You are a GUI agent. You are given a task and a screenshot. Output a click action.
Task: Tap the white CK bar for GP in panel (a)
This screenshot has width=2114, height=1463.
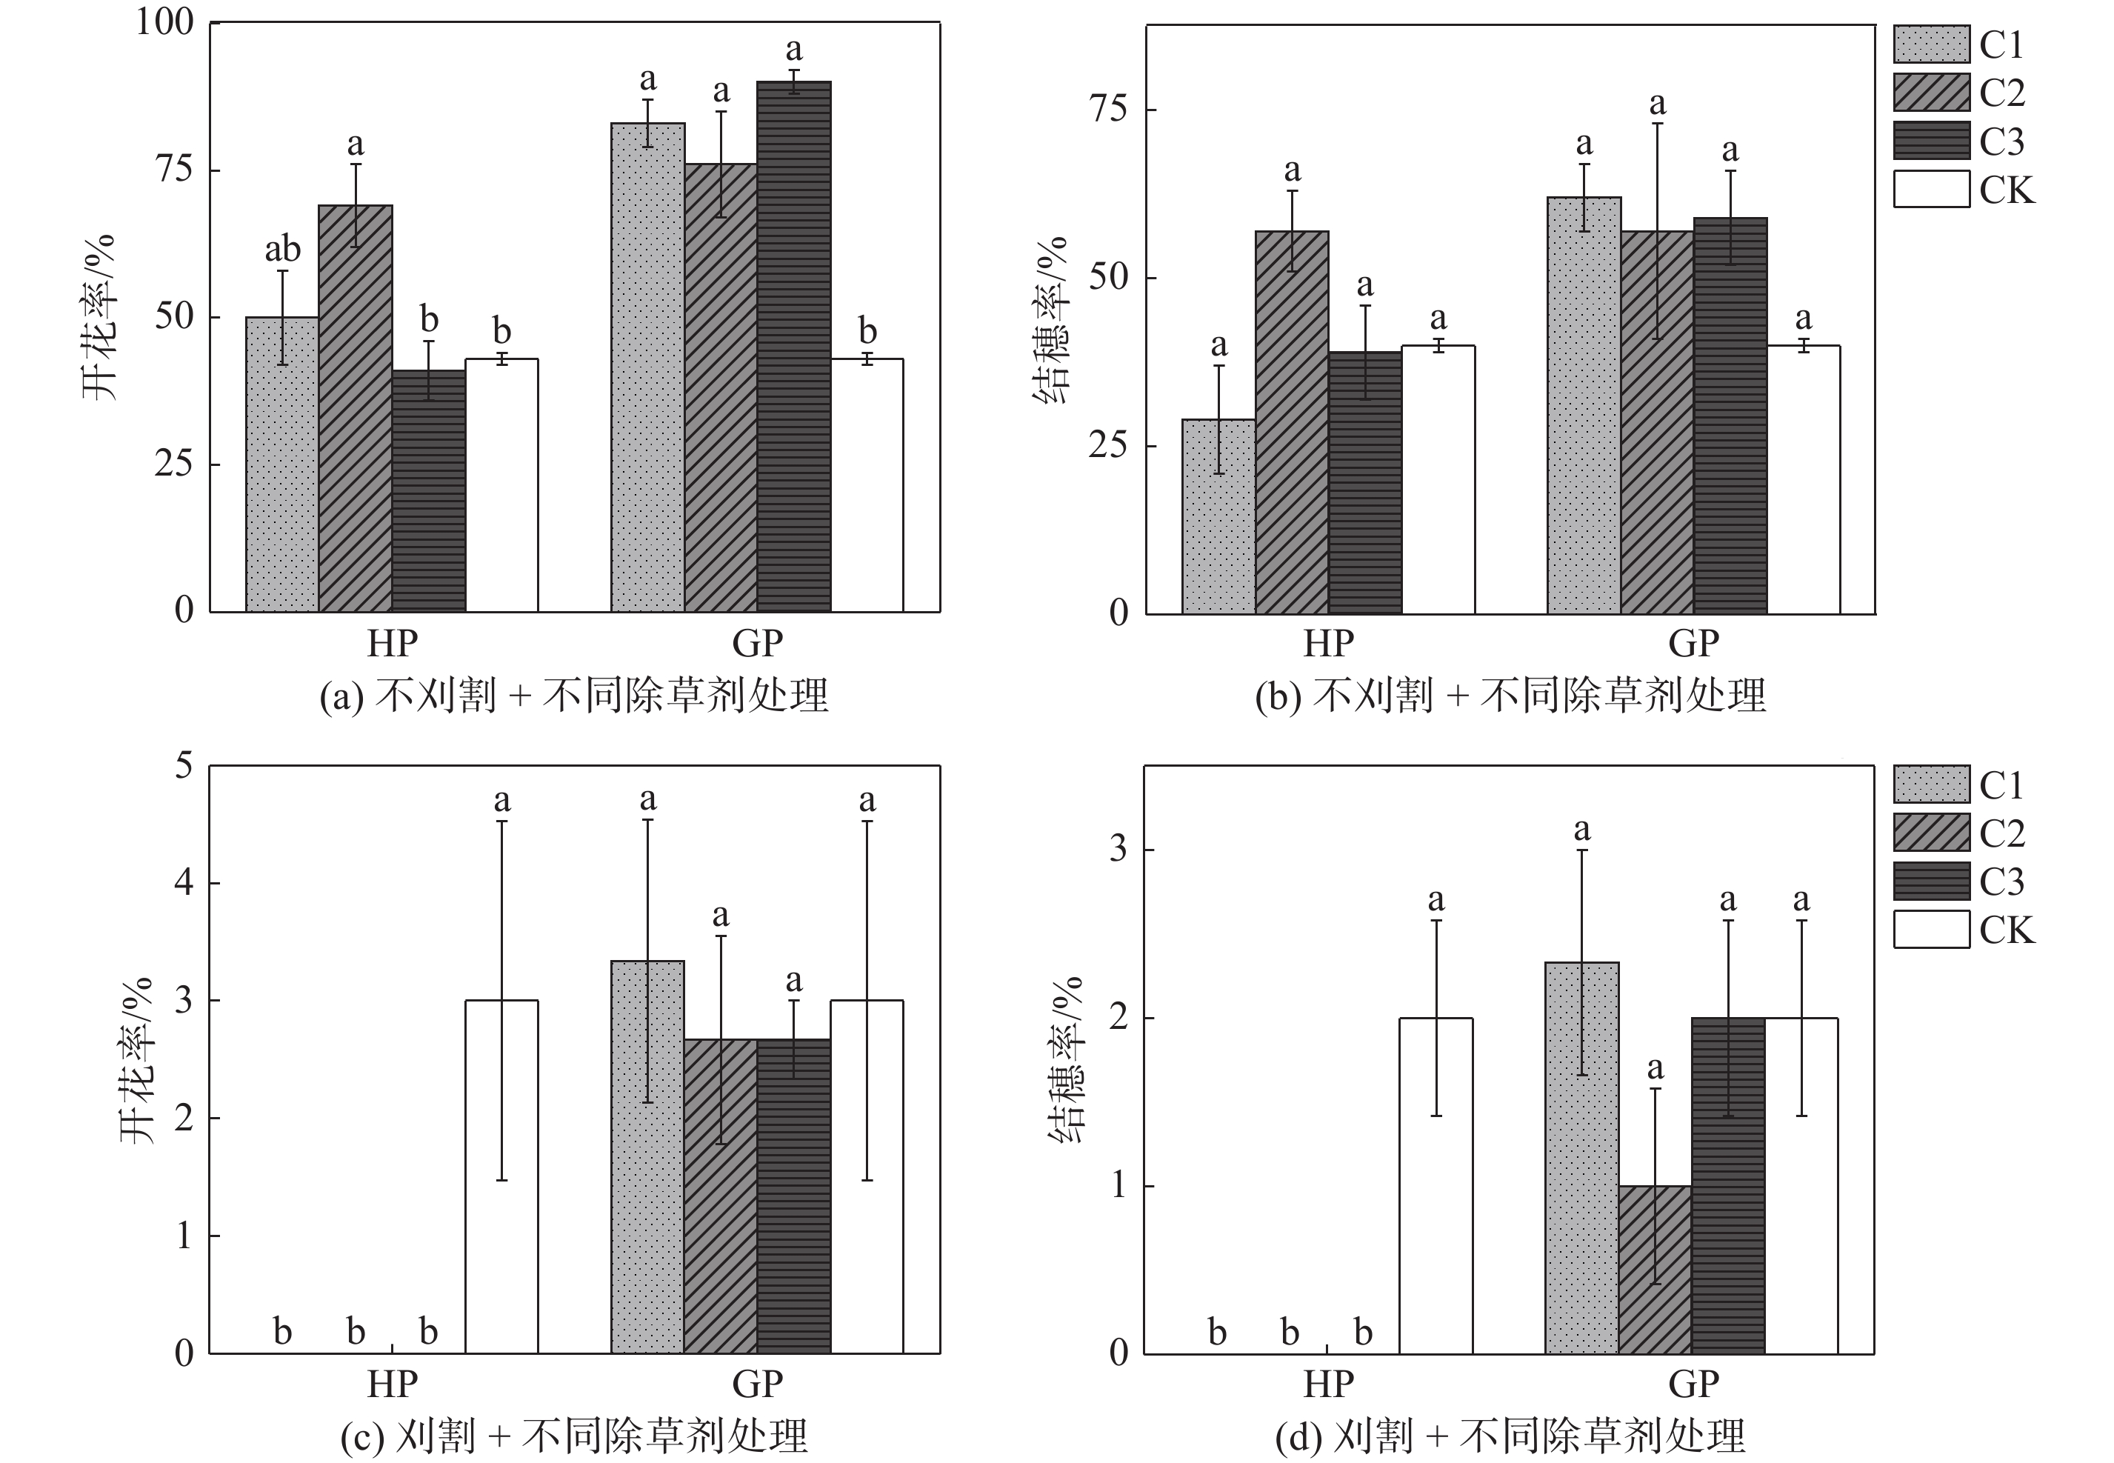867,485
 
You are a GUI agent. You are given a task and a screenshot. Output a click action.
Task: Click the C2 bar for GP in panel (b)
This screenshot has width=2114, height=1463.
1657,421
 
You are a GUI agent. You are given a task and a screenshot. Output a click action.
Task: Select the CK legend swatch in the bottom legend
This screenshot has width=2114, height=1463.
1931,930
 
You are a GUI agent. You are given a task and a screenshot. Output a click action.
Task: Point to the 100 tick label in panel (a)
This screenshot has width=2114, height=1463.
165,22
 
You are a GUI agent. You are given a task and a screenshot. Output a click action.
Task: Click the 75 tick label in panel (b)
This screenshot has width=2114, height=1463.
1108,109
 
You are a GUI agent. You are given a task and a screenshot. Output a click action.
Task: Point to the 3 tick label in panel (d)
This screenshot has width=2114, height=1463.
1118,849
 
